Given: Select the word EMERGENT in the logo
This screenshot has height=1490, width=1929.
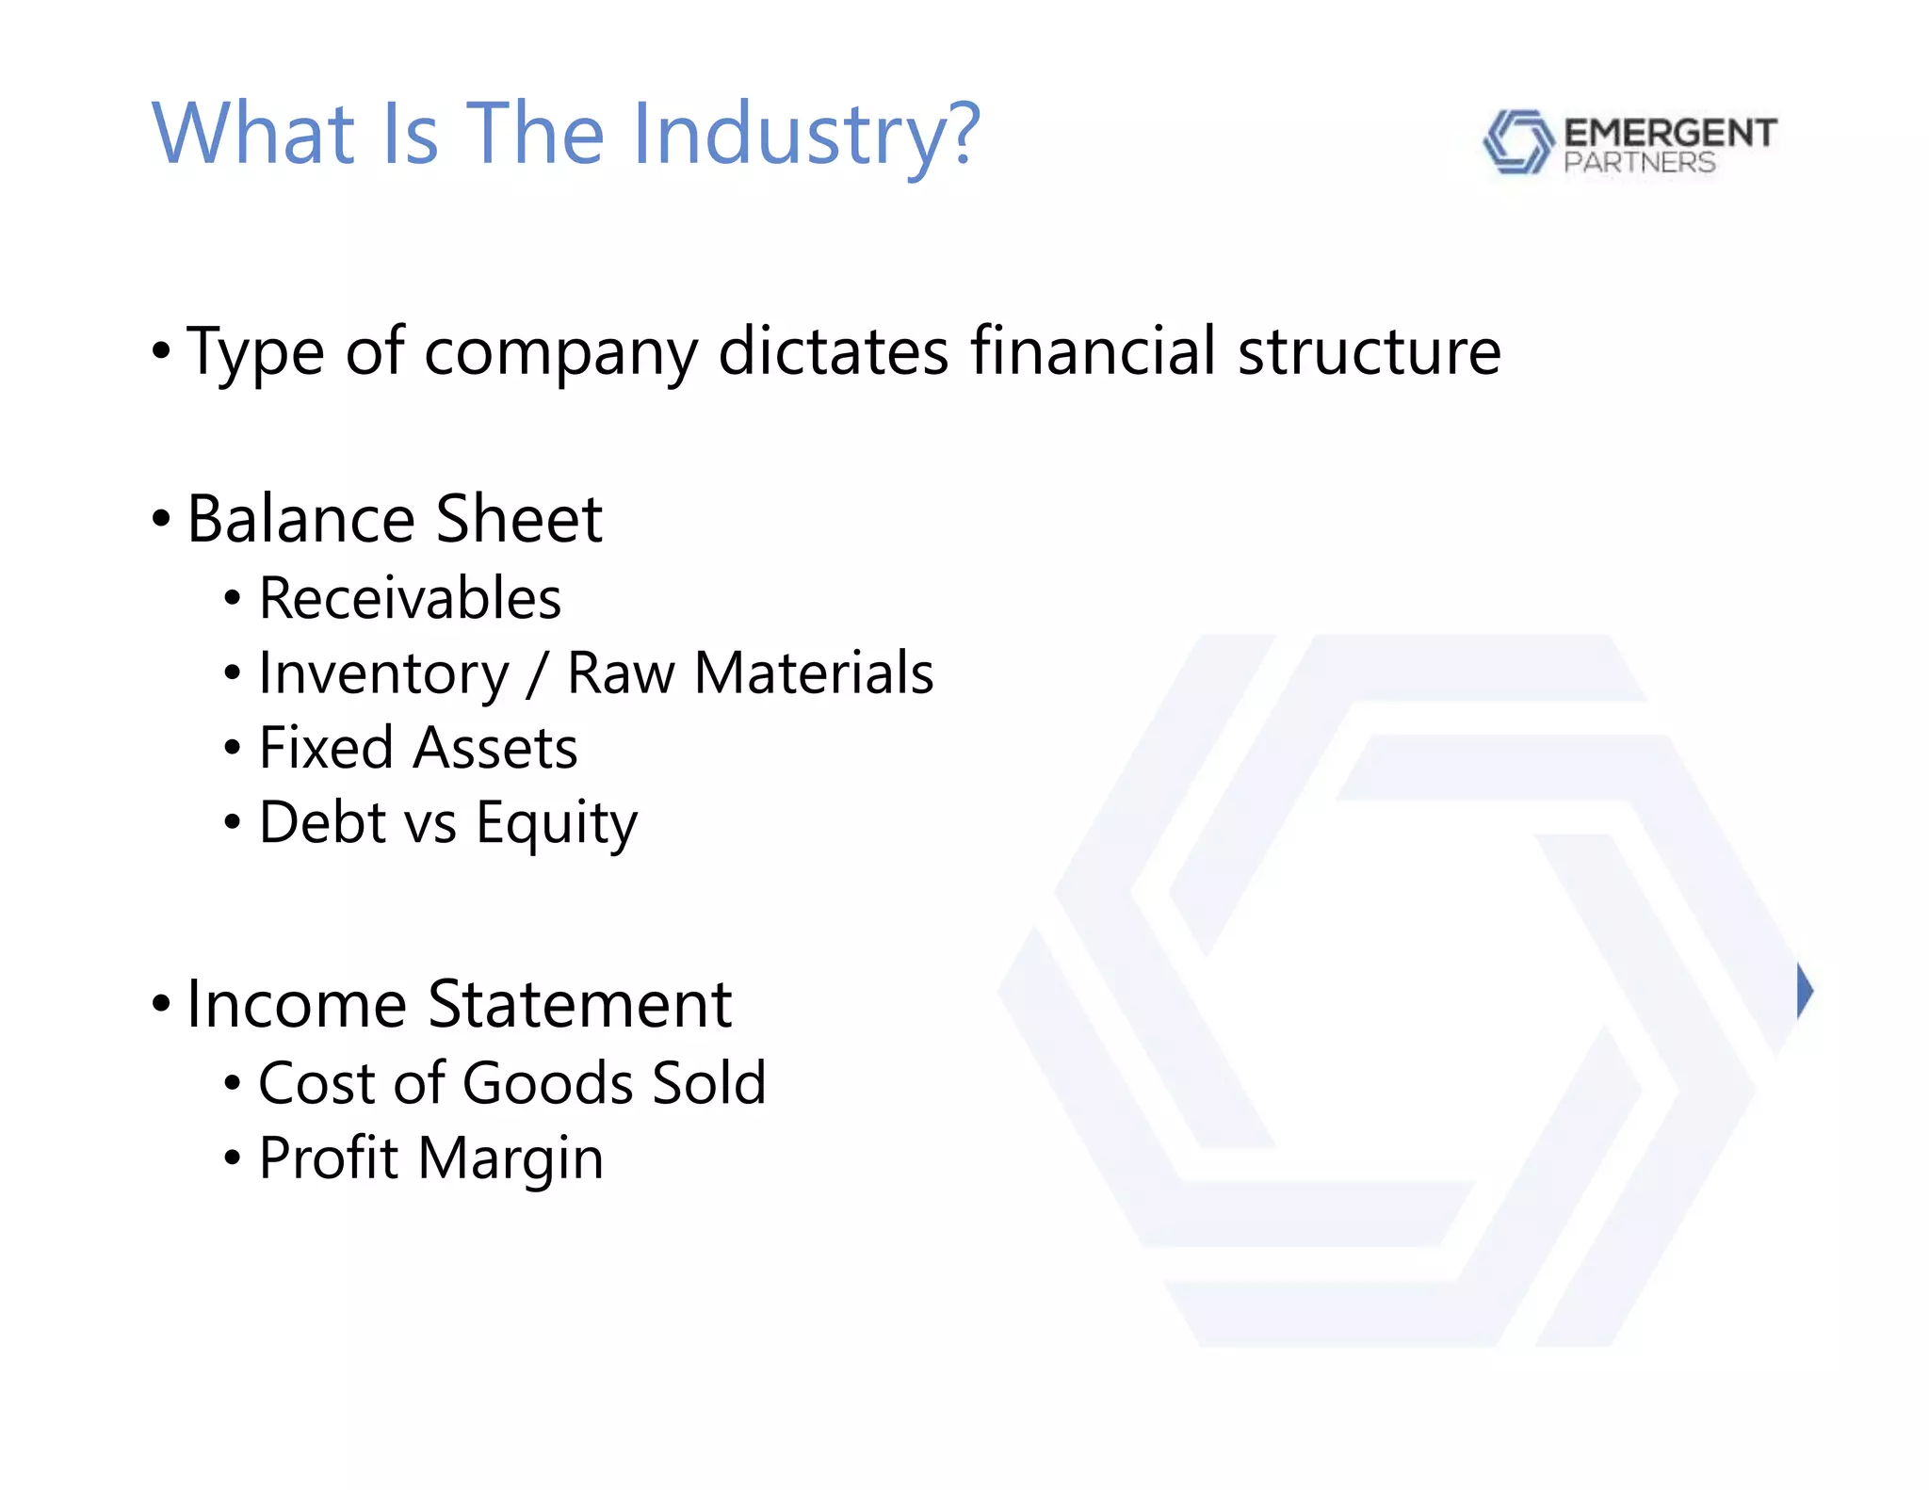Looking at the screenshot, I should coord(1670,133).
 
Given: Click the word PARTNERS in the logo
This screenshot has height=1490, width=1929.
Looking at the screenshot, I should coord(1639,163).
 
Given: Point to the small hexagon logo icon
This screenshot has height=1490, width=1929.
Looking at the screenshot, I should coord(1516,141).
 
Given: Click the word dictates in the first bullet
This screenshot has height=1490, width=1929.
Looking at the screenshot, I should coord(834,351).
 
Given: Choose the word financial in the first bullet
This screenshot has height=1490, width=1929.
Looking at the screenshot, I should coord(1093,351).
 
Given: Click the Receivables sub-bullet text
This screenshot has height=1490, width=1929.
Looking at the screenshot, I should coord(410,598).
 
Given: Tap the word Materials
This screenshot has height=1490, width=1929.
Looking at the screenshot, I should coord(814,673).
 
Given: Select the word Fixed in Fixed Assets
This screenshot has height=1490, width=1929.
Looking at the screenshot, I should coord(325,748).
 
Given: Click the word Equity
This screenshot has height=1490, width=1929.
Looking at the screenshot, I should coord(557,824).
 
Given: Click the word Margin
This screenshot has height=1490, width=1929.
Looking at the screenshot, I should coord(510,1159).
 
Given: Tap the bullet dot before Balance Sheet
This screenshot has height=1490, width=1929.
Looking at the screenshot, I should coord(161,519).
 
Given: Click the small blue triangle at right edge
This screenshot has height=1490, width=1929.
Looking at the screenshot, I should coord(1804,991).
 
